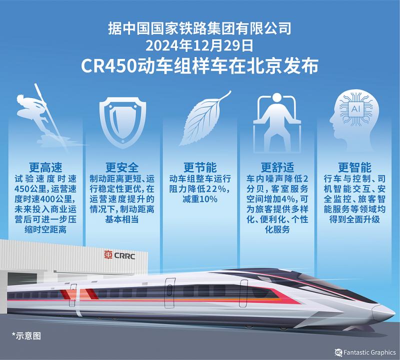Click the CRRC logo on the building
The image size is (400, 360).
(119, 255)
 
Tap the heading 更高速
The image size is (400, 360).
(45, 167)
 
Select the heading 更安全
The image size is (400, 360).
(122, 167)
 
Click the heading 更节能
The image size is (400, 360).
(200, 167)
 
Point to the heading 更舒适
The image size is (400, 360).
(277, 167)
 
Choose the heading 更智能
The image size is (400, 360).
(354, 167)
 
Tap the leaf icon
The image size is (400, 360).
(204, 118)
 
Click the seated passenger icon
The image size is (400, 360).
(277, 122)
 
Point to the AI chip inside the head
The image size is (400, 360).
(355, 109)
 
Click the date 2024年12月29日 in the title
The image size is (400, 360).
(199, 45)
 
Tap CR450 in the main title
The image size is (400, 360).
(109, 66)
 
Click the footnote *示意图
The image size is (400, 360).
(26, 336)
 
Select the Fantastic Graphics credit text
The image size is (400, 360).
(369, 352)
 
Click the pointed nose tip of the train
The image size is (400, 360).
(394, 313)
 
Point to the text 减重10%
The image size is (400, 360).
(200, 199)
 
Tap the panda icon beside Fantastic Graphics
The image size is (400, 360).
(338, 352)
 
